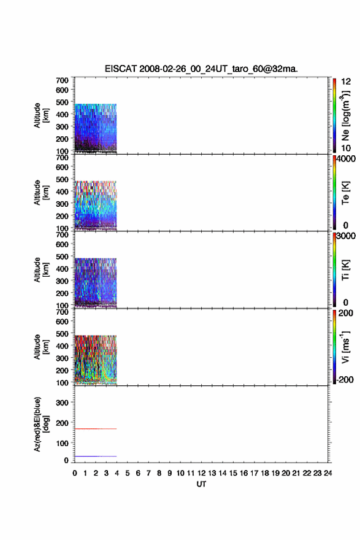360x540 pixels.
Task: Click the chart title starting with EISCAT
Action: click(201, 69)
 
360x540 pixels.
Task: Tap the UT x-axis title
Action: click(201, 484)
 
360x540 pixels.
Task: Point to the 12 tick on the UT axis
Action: click(201, 473)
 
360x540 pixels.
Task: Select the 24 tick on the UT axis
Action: click(328, 473)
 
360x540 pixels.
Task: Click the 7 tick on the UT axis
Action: click(148, 473)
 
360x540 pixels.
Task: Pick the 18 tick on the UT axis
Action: click(265, 473)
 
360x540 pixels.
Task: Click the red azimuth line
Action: click(96, 429)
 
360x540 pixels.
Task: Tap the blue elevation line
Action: click(96, 456)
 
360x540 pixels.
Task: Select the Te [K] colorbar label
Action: click(346, 193)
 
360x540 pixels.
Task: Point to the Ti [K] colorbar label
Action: click(346, 270)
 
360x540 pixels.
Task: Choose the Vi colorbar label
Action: click(346, 347)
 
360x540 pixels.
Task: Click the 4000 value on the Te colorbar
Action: click(346, 159)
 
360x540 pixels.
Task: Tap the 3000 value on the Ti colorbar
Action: click(346, 236)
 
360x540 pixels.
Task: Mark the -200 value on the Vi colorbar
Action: click(345, 379)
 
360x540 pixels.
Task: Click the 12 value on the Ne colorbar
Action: click(346, 82)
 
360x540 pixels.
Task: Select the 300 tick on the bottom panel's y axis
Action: click(63, 403)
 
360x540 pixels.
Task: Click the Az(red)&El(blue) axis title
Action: click(41, 424)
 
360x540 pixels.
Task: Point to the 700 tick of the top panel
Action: click(63, 80)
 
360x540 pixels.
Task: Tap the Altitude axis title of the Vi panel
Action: click(41, 347)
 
